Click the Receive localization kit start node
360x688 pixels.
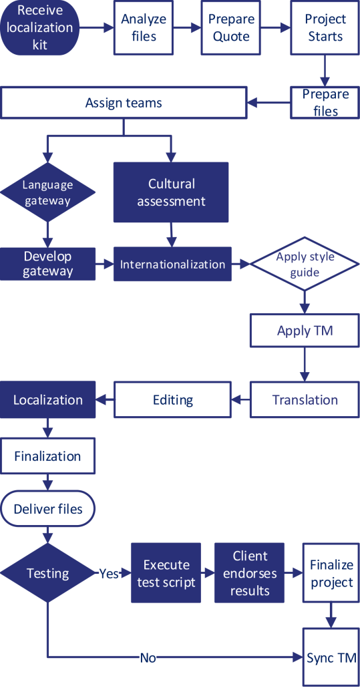(45, 27)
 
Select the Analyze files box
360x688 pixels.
(144, 27)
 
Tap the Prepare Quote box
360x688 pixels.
(231, 27)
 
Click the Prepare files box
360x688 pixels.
(325, 102)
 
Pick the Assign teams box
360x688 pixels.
(124, 103)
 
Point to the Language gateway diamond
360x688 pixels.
(47, 192)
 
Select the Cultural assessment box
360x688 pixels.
(172, 192)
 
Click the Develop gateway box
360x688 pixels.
(47, 264)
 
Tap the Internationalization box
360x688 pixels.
(172, 265)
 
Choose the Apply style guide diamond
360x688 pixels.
(305, 265)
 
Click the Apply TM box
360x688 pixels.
(305, 331)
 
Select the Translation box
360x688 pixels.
(305, 400)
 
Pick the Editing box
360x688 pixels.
(173, 400)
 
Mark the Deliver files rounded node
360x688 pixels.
(47, 509)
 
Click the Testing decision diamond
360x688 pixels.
(47, 573)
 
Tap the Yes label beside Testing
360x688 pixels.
(109, 573)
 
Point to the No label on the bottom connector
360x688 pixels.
(148, 658)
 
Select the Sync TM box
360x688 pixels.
(331, 658)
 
